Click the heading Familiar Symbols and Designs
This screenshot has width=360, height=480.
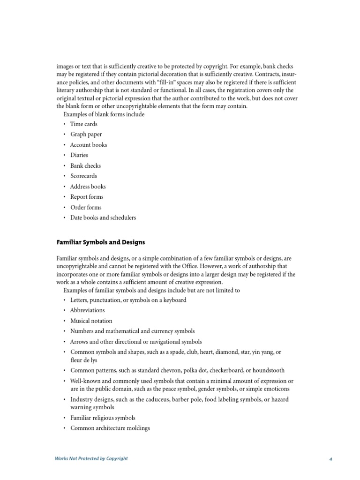[x=100, y=242]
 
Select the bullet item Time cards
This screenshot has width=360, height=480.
[x=83, y=124]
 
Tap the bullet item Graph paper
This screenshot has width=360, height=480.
[x=86, y=135]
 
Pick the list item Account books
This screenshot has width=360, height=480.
[x=89, y=145]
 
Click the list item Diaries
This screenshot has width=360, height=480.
[x=79, y=155]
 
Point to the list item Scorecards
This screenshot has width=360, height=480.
[x=83, y=176]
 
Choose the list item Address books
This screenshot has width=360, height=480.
[x=88, y=187]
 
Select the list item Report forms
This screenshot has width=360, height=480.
[x=87, y=197]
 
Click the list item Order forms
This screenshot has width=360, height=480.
[x=86, y=207]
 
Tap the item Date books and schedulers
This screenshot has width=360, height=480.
[x=103, y=217]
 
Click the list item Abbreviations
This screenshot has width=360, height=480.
[x=88, y=310]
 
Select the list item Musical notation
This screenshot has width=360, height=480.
[x=91, y=321]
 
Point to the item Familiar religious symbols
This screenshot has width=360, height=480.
[x=103, y=418]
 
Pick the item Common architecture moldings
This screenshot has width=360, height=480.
[x=110, y=428]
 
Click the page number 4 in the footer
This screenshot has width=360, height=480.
[x=330, y=459]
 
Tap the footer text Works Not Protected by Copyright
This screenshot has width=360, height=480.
[x=91, y=458]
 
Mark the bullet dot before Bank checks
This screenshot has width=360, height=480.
[x=65, y=166]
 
